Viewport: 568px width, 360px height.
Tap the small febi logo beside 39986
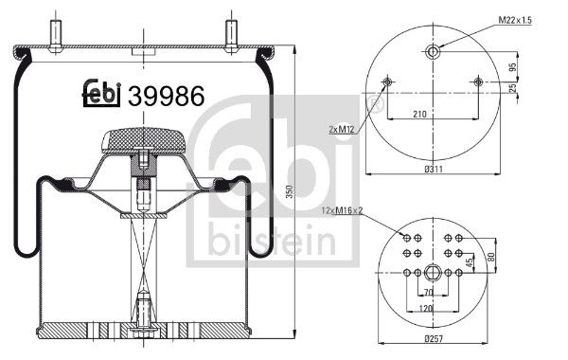[100, 93]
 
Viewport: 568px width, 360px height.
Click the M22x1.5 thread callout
[521, 19]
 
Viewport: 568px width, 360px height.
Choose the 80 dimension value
[490, 255]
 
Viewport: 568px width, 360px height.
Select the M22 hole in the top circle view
[433, 52]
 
